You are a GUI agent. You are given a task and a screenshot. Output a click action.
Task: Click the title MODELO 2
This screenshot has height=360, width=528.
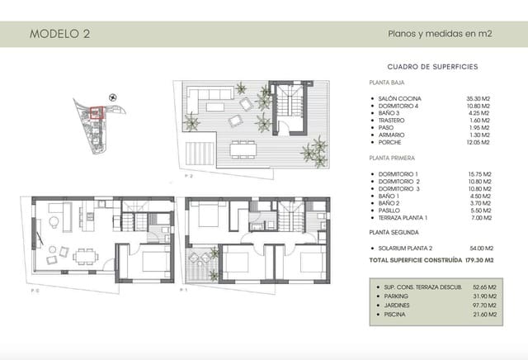click(59, 35)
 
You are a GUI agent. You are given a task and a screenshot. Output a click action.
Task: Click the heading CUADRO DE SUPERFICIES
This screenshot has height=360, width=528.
click(432, 66)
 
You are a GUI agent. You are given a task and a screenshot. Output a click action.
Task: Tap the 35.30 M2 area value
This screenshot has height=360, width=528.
click(478, 97)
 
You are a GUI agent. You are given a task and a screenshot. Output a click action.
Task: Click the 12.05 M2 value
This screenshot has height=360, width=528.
click(478, 142)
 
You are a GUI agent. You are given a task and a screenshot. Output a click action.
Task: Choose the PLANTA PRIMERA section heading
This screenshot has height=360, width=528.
click(392, 157)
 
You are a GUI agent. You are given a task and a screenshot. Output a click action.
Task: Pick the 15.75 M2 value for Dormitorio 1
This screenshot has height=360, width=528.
click(478, 173)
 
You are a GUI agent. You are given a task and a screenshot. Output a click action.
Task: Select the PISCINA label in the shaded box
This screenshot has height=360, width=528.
click(394, 315)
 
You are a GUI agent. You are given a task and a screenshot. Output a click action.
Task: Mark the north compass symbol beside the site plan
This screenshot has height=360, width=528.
click(113, 99)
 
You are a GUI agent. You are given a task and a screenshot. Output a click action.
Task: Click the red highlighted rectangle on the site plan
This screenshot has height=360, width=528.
click(95, 114)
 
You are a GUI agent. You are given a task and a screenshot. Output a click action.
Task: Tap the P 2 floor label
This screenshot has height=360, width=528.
click(189, 176)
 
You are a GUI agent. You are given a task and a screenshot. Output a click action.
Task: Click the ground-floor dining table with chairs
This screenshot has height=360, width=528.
click(83, 255)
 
